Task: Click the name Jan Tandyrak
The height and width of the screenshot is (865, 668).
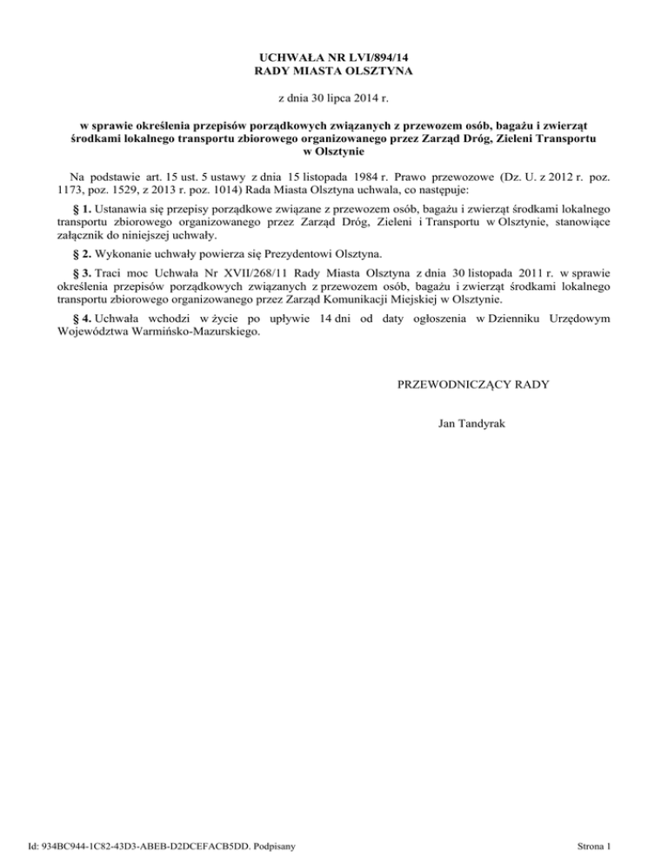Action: point(472,423)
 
